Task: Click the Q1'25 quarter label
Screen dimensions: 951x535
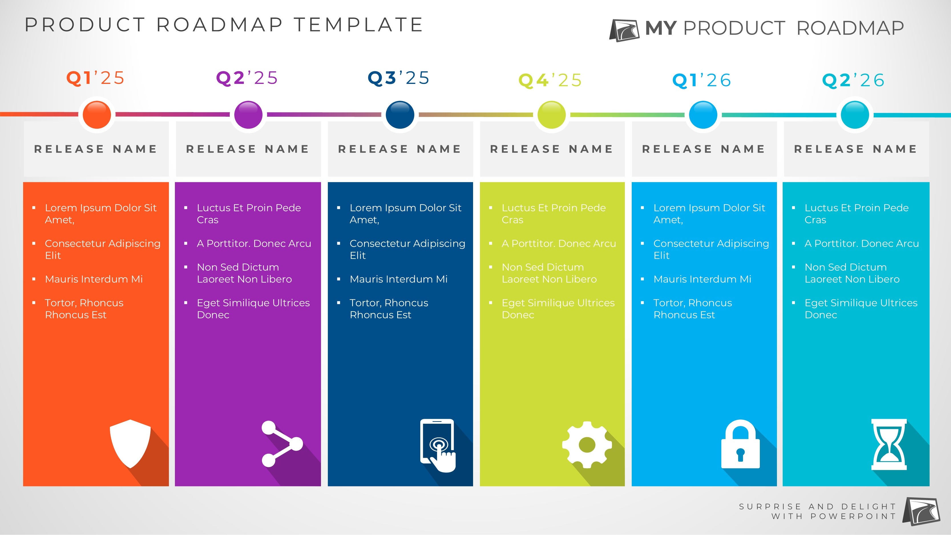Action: [95, 78]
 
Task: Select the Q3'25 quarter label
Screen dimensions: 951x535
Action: [399, 78]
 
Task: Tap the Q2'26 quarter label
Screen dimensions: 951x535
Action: [853, 80]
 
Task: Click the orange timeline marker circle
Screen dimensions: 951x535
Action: [97, 114]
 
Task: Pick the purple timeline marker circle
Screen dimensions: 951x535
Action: [249, 114]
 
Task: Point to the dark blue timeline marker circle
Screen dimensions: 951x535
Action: [400, 114]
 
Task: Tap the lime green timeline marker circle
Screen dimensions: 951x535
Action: [552, 114]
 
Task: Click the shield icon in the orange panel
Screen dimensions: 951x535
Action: [130, 444]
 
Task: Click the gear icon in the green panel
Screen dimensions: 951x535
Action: [587, 445]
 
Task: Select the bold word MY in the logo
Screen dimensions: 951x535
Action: [661, 28]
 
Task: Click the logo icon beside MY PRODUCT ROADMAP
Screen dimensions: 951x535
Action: [624, 30]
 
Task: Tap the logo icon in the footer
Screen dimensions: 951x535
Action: [921, 511]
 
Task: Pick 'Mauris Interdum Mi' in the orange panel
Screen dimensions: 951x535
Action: [94, 279]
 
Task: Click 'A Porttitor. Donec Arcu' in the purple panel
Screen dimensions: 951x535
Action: [254, 244]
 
